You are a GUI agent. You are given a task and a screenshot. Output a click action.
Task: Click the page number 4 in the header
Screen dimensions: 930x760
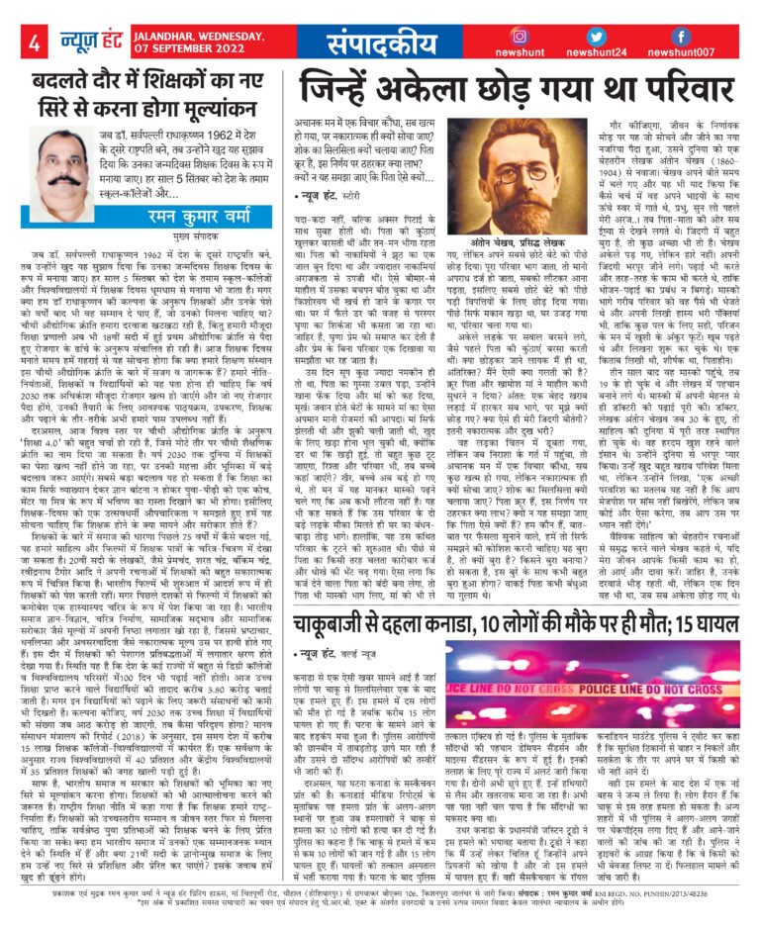[x=34, y=43]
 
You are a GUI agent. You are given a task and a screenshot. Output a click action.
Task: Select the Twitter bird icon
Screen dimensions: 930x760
[x=596, y=36]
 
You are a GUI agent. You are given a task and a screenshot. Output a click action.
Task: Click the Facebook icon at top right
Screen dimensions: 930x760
[x=681, y=36]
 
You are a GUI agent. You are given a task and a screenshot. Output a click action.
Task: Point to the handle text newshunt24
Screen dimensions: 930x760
[x=596, y=53]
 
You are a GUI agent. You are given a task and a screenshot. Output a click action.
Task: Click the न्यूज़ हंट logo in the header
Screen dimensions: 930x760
[x=79, y=42]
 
